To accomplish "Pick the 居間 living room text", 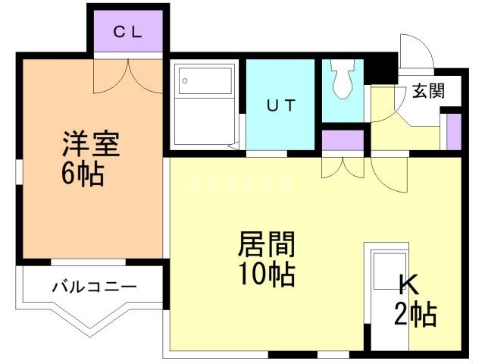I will click(x=266, y=244).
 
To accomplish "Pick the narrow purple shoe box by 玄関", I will click(x=452, y=130).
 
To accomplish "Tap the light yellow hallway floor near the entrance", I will click(x=405, y=136).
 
